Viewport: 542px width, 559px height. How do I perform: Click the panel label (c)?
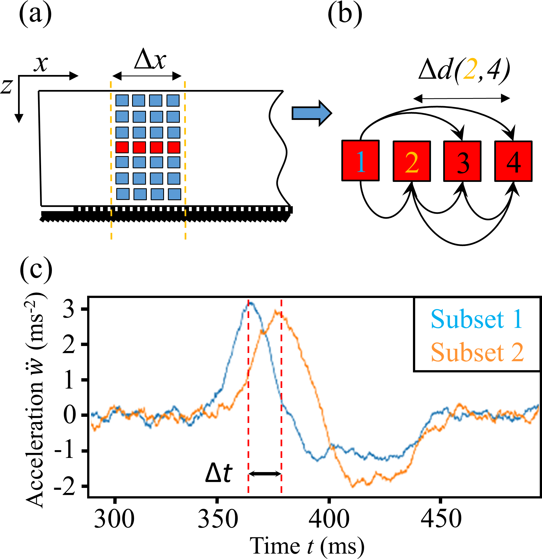[36, 270]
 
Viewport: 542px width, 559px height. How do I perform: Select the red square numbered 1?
[361, 161]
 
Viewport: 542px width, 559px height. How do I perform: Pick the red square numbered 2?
[412, 161]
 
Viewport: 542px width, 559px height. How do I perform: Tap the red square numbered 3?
[462, 161]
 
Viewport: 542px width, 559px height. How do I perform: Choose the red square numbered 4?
[513, 161]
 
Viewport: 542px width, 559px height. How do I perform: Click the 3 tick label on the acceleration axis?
[68, 309]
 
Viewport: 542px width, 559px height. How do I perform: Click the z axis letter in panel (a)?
[7, 86]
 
